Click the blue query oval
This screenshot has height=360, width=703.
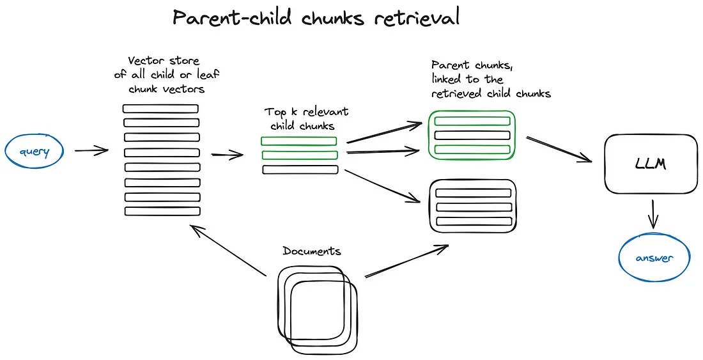point(35,152)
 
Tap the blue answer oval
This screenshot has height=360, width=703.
point(655,258)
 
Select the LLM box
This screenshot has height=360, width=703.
point(651,164)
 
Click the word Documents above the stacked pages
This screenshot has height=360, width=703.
point(312,251)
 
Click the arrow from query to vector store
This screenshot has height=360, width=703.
point(91,152)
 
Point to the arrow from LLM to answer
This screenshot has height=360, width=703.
point(653,214)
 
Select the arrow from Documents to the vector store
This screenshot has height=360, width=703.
point(229,251)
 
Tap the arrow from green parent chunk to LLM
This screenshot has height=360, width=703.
point(559,149)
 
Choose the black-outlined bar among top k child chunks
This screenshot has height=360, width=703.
point(300,169)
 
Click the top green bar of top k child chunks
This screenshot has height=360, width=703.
point(298,141)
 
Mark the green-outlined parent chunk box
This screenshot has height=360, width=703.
point(472,134)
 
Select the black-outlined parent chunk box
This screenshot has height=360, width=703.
point(472,205)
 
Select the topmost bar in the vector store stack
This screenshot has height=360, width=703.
point(161,109)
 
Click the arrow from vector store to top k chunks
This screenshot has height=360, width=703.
point(227,155)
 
